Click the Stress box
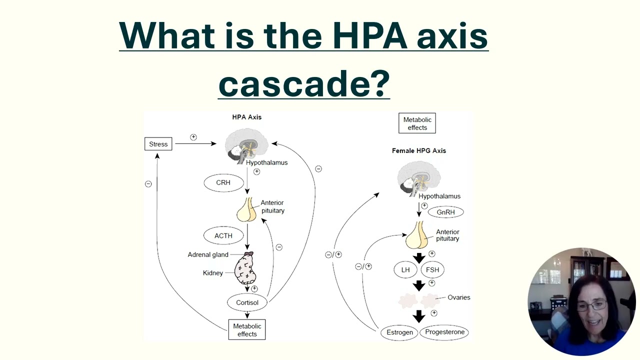(158, 144)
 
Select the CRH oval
(223, 182)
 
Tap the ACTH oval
(223, 235)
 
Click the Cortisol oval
(247, 302)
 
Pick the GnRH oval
(445, 212)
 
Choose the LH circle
(405, 270)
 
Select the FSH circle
(432, 270)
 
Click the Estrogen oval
(399, 332)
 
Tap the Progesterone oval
(444, 332)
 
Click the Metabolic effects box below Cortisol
(247, 330)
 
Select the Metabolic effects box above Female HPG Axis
(417, 123)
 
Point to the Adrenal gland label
(208, 254)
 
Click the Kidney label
(213, 273)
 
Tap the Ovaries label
(458, 297)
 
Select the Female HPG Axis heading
(418, 150)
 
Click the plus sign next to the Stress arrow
(193, 137)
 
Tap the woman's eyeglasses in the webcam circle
(592, 305)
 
